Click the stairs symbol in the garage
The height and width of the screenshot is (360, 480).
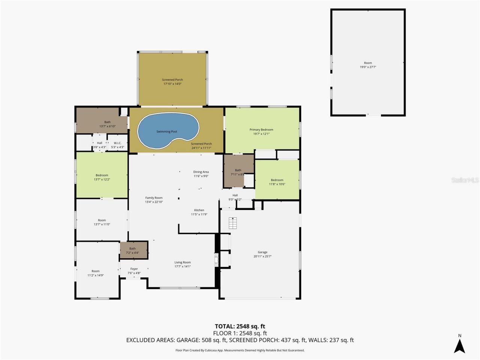click(x=233, y=223)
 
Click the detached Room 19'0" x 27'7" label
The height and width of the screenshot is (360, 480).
click(x=368, y=65)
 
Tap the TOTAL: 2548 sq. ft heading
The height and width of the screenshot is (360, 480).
click(x=240, y=326)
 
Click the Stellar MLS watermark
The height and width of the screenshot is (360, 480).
click(x=465, y=180)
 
